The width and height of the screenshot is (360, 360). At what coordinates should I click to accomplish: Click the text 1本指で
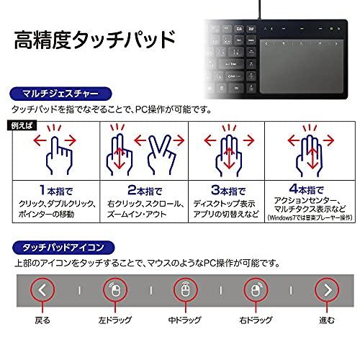tap(51, 191)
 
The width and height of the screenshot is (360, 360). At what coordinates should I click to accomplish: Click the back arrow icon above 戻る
tap(42, 290)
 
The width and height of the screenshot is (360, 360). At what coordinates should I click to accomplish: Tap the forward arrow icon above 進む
tap(328, 290)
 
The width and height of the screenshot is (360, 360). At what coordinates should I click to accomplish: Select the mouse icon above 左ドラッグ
tap(114, 290)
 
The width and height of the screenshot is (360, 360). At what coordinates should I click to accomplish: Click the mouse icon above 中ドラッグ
tap(185, 290)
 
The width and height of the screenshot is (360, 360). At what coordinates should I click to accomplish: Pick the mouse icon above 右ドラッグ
tap(256, 290)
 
